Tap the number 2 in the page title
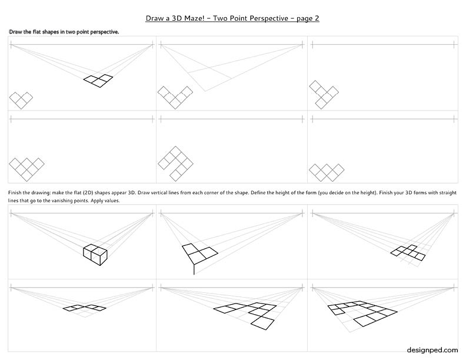(317, 18)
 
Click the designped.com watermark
(432, 350)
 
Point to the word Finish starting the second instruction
(15, 192)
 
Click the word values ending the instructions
(112, 201)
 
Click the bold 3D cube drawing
(95, 255)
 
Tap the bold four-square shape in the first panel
(98, 81)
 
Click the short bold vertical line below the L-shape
(194, 269)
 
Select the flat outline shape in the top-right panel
(324, 95)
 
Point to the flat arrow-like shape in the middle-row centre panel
(175, 164)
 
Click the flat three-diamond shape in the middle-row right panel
(327, 172)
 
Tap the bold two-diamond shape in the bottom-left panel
(84, 308)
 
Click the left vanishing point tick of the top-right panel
(312, 45)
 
